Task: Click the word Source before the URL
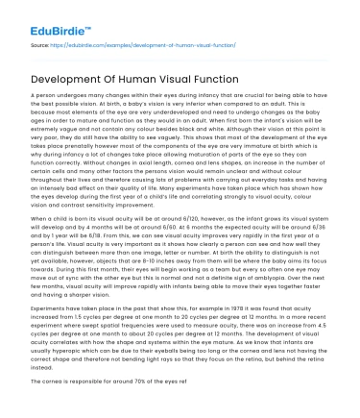[x=41, y=45]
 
